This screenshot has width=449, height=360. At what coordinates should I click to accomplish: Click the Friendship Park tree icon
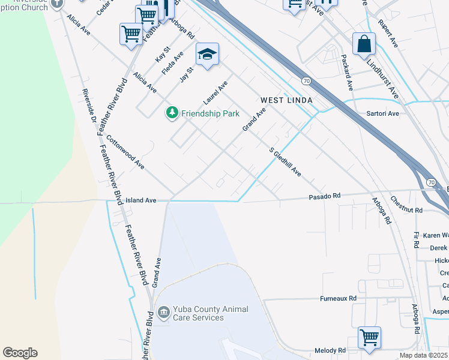172,113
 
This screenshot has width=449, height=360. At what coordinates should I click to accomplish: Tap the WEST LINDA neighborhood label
286,100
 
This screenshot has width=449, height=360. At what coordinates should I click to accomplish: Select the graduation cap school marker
207,55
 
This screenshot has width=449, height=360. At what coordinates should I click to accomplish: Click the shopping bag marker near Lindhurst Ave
364,44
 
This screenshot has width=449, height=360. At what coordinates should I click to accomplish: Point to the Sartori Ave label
382,113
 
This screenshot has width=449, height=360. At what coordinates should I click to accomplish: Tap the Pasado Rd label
325,196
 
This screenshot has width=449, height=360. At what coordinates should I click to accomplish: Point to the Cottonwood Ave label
125,151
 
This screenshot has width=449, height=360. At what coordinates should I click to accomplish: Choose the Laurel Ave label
215,92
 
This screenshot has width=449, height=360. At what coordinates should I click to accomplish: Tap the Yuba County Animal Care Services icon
163,313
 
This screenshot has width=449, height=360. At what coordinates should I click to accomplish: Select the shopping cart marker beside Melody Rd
369,337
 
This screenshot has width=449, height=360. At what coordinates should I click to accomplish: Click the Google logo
20,353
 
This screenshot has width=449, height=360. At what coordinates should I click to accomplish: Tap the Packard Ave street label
348,71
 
